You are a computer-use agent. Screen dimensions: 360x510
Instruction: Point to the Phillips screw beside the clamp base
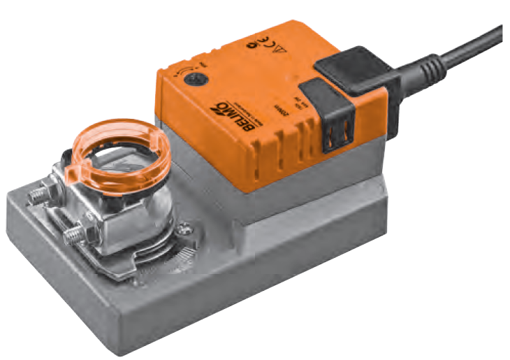[x=186, y=226]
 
